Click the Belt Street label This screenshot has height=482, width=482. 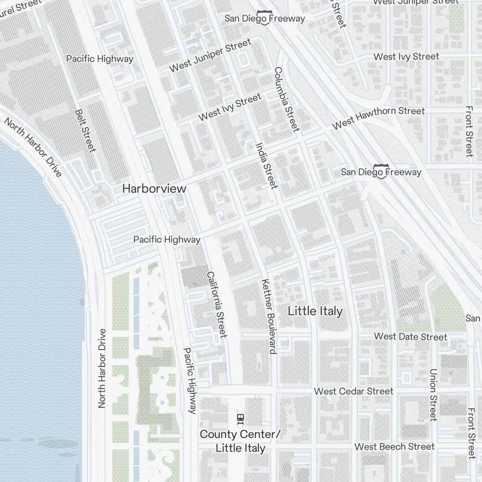pyautogui.click(x=85, y=130)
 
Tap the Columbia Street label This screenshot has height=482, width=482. pyautogui.click(x=287, y=99)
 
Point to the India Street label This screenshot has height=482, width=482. pyautogui.click(x=267, y=165)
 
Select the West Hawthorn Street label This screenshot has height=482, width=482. pyautogui.click(x=378, y=117)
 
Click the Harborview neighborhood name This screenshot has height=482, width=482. pyautogui.click(x=154, y=188)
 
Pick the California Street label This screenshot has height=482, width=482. pyautogui.click(x=216, y=305)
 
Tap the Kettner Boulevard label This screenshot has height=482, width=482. pyautogui.click(x=268, y=316)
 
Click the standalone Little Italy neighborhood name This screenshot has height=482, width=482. pyautogui.click(x=315, y=311)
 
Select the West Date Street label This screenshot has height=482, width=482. pyautogui.click(x=410, y=336)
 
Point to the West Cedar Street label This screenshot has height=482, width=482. pyautogui.click(x=354, y=391)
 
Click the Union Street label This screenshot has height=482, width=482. pyautogui.click(x=433, y=395)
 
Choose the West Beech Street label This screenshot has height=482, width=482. pyautogui.click(x=394, y=447)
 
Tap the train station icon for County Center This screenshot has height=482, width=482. pyautogui.click(x=240, y=418)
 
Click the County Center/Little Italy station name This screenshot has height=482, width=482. pyautogui.click(x=240, y=441)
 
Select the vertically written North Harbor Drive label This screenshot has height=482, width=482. pyautogui.click(x=102, y=368)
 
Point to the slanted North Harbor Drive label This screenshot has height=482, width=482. pyautogui.click(x=33, y=147)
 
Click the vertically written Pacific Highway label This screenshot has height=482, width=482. pyautogui.click(x=190, y=381)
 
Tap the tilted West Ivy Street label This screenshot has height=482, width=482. pyautogui.click(x=230, y=107)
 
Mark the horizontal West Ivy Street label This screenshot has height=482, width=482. pyautogui.click(x=406, y=56)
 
